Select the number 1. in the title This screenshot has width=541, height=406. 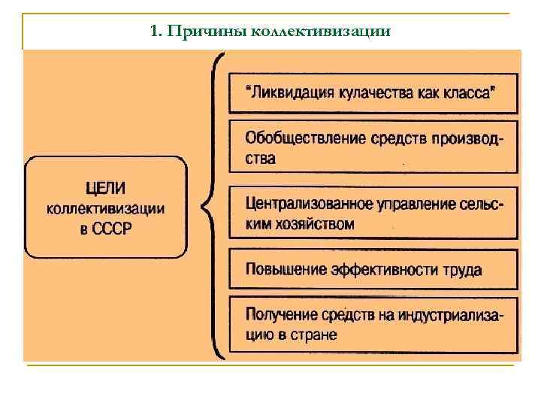click(x=156, y=32)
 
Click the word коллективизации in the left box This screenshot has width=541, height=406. click(x=106, y=208)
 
